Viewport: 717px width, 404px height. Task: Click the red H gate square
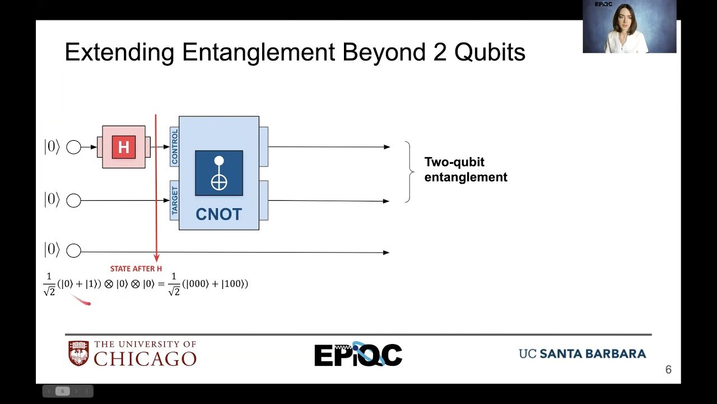point(124,147)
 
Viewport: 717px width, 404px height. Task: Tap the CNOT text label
point(218,214)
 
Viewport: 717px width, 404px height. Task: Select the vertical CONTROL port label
point(174,146)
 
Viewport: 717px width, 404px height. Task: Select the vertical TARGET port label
point(174,200)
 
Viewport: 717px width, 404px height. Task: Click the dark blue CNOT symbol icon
point(219,173)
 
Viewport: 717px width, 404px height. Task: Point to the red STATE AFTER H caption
point(136,269)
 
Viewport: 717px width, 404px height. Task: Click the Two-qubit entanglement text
point(465,169)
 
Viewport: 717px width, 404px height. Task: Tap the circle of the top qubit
point(73,147)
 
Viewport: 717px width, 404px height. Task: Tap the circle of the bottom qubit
point(73,250)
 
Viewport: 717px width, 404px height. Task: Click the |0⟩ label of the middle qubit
point(52,199)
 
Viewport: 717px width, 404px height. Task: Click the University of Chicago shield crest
point(79,353)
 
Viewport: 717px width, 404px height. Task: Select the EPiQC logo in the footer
point(358,354)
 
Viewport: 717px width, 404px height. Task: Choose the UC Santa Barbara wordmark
point(582,353)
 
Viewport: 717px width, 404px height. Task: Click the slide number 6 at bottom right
point(668,370)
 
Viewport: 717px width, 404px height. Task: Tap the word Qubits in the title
point(490,52)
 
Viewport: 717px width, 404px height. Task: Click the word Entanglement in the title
point(259,52)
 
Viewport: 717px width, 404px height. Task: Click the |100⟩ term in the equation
point(235,284)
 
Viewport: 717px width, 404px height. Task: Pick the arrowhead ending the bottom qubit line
point(387,252)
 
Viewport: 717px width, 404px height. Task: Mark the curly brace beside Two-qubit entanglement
point(409,172)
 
